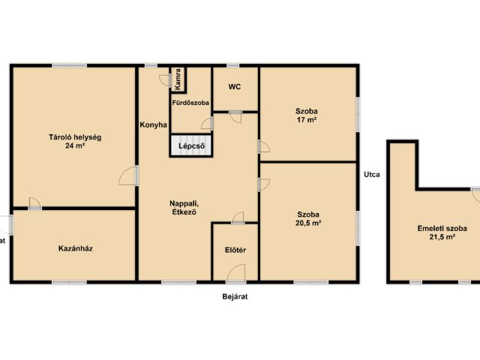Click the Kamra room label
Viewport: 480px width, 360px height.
tap(178, 79)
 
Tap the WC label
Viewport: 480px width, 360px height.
tap(235, 87)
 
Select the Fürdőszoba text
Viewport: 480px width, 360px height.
tap(190, 103)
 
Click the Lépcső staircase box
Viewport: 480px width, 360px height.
tap(191, 146)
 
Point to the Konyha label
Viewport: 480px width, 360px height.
tap(153, 125)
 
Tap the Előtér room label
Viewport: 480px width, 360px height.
tap(235, 250)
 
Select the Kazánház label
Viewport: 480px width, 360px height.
tap(75, 248)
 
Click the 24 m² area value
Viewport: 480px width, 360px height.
tap(75, 145)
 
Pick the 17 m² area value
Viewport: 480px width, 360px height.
tap(307, 120)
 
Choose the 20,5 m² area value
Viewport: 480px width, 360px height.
tap(308, 223)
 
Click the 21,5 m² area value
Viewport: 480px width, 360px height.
tap(442, 237)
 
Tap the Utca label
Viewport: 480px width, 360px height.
tap(372, 175)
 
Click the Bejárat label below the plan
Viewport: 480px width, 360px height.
tap(235, 297)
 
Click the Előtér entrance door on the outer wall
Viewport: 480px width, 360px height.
tap(236, 273)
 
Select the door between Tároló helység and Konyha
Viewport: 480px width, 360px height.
tap(128, 175)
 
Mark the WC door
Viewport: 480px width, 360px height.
tap(235, 117)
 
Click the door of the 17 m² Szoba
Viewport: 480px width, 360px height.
tap(263, 146)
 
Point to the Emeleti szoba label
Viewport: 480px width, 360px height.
tap(442, 228)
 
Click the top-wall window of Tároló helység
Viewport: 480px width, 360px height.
tap(70, 65)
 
